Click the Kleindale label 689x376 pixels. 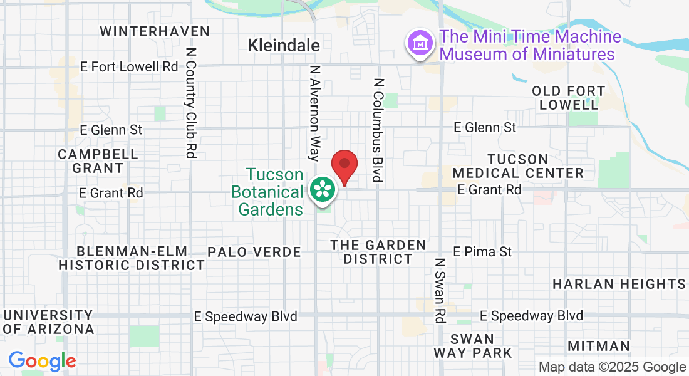[x=284, y=45]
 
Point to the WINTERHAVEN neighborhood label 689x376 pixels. [x=155, y=31]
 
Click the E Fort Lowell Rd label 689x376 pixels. [x=130, y=66]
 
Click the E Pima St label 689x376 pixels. [x=482, y=251]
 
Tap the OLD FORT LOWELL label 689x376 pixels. [x=569, y=98]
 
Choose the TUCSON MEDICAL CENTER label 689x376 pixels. [x=518, y=166]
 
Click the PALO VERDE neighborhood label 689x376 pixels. [x=254, y=252]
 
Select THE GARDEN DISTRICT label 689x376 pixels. [x=378, y=252]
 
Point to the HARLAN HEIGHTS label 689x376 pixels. [x=619, y=284]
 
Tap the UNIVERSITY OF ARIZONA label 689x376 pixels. [x=48, y=322]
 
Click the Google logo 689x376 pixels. [x=42, y=361]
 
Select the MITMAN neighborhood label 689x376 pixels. [x=599, y=346]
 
